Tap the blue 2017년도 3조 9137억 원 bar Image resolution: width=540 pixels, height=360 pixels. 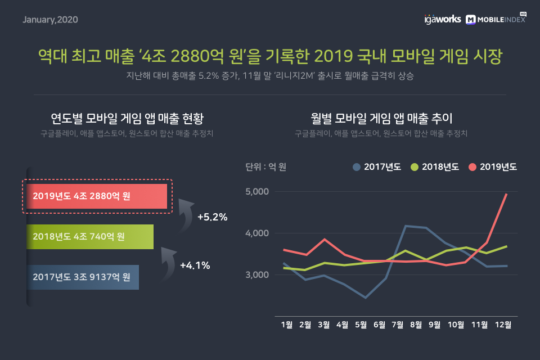(83, 277)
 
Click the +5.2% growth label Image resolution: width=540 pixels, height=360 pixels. (212, 217)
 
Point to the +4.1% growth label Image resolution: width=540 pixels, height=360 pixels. (195, 265)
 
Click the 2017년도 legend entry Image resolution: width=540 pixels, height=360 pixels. (376, 167)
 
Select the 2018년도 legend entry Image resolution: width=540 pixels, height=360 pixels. (435, 167)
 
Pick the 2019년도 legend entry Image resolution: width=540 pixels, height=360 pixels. (492, 167)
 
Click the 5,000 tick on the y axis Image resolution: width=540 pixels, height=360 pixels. (258, 192)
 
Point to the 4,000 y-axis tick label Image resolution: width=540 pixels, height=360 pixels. (258, 233)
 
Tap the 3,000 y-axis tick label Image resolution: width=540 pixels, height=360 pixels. (258, 275)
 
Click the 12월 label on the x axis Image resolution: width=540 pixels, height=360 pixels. (503, 325)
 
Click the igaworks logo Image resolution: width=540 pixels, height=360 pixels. (442, 19)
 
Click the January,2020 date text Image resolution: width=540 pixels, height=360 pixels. (50, 20)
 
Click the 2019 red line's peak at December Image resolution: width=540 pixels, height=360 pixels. (506, 194)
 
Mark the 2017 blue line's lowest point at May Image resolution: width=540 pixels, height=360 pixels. (365, 298)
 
